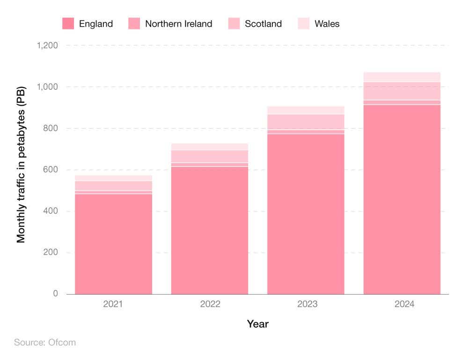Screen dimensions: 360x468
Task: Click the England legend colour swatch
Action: [x=68, y=23]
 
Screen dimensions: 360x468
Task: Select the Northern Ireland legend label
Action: [x=178, y=23]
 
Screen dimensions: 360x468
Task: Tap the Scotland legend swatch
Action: [x=234, y=23]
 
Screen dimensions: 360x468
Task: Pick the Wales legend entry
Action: [x=327, y=23]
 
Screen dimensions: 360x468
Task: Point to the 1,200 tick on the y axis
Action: [x=45, y=45]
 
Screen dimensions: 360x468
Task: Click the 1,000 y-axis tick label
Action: [x=45, y=87]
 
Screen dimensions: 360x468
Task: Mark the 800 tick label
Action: [x=49, y=129]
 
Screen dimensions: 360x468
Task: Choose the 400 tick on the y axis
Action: [x=49, y=211]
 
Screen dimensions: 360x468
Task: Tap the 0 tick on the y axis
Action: [x=55, y=294]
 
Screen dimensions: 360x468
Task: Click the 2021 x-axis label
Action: [x=113, y=304]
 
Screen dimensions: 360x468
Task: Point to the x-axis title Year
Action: [x=258, y=324]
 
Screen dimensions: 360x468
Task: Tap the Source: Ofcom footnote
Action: [x=45, y=342]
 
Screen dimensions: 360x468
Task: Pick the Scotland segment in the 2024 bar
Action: [x=402, y=91]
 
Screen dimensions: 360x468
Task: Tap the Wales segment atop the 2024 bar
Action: [x=402, y=77]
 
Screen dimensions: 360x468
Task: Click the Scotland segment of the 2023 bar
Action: [x=306, y=122]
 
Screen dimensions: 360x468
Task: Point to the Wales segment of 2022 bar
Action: [x=209, y=147]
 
